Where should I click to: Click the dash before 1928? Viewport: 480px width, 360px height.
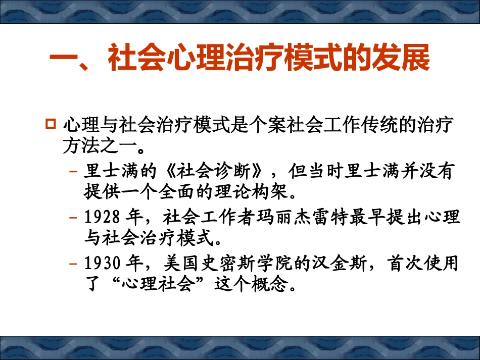pyautogui.click(x=73, y=219)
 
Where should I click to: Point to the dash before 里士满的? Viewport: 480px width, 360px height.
pyautogui.click(x=73, y=173)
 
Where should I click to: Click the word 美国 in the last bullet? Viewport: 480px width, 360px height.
pyautogui.click(x=177, y=264)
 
